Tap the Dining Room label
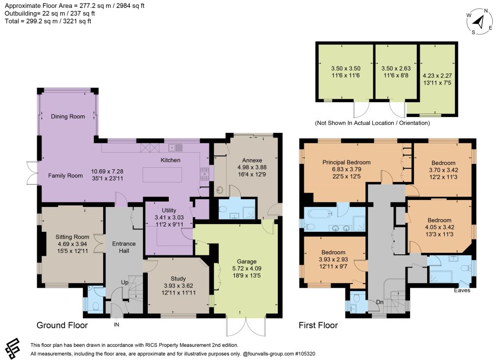pyautogui.click(x=68, y=116)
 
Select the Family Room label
pyautogui.click(x=66, y=176)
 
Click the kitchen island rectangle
pyautogui.click(x=162, y=175)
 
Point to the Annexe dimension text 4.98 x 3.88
pyautogui.click(x=252, y=167)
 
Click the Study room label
pyautogui.click(x=178, y=278)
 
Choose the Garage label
pyautogui.click(x=247, y=261)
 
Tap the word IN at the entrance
pyautogui.click(x=116, y=325)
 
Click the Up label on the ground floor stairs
pyautogui.click(x=125, y=282)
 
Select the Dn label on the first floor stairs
pyautogui.click(x=380, y=302)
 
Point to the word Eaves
pyautogui.click(x=462, y=290)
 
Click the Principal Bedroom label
pyautogui.click(x=346, y=162)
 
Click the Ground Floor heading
pyautogui.click(x=62, y=325)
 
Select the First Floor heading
pyautogui.click(x=318, y=325)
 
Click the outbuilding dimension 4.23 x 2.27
pyautogui.click(x=437, y=76)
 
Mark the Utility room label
pyautogui.click(x=169, y=210)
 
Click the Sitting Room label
pyautogui.click(x=72, y=237)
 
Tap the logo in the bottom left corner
pyautogui.click(x=12, y=348)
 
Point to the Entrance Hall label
pyautogui.click(x=124, y=247)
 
